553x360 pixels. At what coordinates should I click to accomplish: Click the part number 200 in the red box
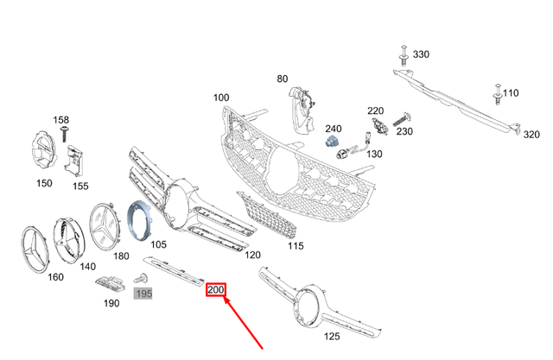tap(215, 292)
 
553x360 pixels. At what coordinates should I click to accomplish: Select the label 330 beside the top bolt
tap(420, 54)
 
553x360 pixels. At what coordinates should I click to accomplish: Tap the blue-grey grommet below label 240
tap(333, 141)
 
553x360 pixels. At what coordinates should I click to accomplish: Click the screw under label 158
tap(64, 131)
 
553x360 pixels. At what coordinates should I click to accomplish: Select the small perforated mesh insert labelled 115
tap(269, 220)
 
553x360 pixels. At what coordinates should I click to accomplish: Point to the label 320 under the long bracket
tap(531, 135)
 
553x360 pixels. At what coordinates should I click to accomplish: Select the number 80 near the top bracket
tap(282, 79)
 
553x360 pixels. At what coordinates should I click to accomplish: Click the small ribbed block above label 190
tap(109, 283)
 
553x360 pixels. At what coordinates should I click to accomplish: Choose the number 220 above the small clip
tap(375, 111)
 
